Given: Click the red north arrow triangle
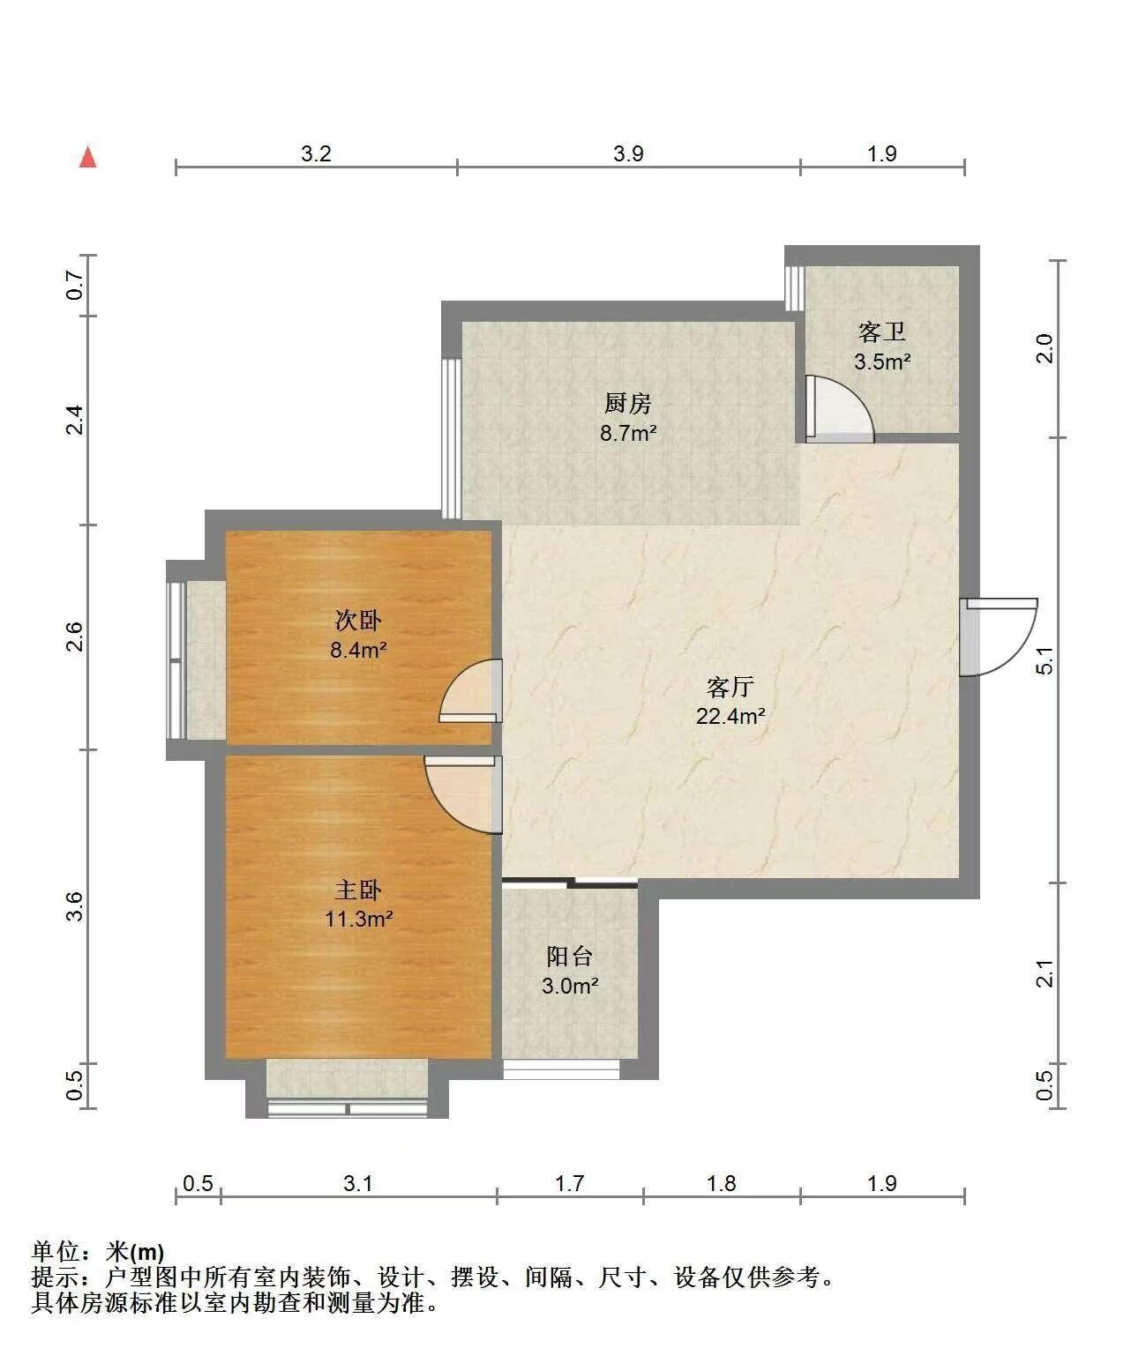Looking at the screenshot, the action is [88, 157].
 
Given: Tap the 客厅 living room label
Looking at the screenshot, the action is [730, 688].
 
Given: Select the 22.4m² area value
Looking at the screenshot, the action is [730, 716].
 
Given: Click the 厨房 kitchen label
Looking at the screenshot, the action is [628, 404].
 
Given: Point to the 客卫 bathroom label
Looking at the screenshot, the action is [882, 332].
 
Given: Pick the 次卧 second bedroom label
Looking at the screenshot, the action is [358, 620].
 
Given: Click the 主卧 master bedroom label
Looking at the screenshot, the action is [358, 890].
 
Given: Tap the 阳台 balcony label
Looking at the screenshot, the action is [570, 957].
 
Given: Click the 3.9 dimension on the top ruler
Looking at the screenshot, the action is [628, 154].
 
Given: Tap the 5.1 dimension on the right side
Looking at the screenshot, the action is [1045, 660].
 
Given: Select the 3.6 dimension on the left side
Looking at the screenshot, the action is [76, 906].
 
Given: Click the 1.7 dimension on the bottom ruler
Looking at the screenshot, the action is [570, 1183].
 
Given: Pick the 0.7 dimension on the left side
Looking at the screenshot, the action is [76, 286].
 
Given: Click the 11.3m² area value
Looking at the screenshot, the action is [359, 920].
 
